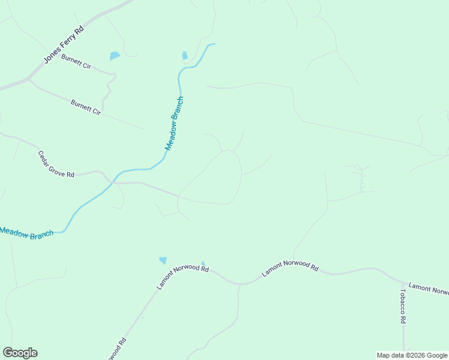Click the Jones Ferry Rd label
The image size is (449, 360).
tap(63, 45)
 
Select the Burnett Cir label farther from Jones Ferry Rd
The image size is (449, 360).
tap(86, 107)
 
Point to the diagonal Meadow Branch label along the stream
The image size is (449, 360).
tap(174, 124)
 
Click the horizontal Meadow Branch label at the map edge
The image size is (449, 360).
tap(27, 232)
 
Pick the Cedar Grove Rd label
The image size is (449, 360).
tap(56, 164)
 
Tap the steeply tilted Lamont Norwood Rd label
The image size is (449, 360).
tap(182, 277)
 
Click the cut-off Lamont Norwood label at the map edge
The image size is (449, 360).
tap(429, 289)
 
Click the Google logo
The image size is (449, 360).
tap(20, 353)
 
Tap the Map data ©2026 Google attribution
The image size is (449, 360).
tap(412, 355)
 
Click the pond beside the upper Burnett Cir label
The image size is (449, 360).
tap(114, 56)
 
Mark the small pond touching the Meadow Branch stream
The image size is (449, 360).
tap(185, 56)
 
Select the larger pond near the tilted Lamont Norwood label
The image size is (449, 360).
tap(163, 260)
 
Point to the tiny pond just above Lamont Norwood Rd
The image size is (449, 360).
tap(203, 263)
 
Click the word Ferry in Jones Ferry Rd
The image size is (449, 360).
tap(63, 45)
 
